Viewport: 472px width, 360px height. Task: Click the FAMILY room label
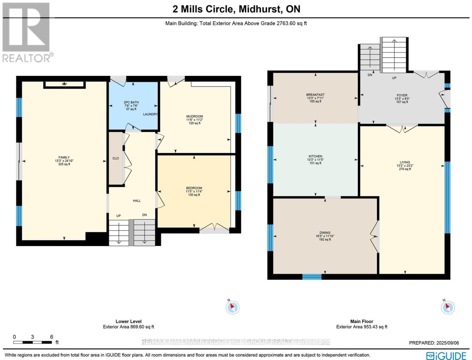point(64,157)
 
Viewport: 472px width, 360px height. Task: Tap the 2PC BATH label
point(131,102)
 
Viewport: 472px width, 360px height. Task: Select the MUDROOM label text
point(194,116)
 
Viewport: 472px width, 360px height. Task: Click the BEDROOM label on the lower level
point(194,188)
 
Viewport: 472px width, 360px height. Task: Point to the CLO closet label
point(115,158)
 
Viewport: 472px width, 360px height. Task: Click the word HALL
point(137,201)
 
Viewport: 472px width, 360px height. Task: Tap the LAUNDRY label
point(150,114)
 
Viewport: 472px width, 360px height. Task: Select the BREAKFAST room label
point(315,95)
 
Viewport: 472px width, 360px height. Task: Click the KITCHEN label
point(315,156)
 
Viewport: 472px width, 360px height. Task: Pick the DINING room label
point(325,233)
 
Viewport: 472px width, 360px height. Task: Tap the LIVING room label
point(405,162)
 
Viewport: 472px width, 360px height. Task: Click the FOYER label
point(402,95)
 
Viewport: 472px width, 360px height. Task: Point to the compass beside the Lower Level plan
point(233,307)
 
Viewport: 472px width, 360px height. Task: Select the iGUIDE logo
point(446,355)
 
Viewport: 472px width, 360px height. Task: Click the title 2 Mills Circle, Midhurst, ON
point(236,9)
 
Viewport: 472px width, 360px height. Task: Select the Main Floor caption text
point(361,321)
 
